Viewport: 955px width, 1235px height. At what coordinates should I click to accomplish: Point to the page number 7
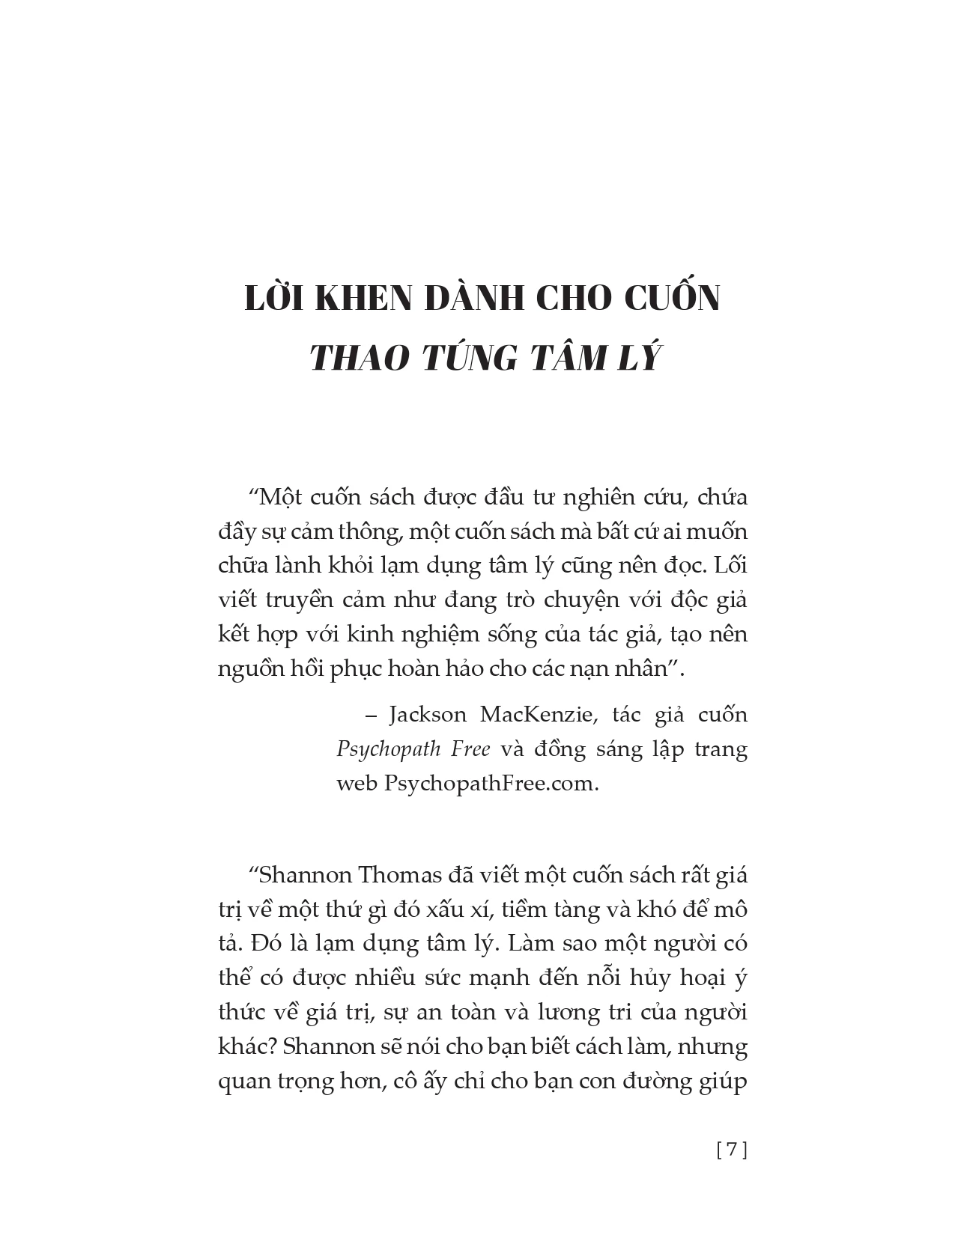click(733, 1150)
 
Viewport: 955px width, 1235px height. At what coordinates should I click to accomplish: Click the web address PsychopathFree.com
click(491, 783)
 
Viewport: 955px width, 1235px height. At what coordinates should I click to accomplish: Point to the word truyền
click(303, 600)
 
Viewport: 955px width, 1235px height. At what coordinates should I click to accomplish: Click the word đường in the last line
click(665, 1081)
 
